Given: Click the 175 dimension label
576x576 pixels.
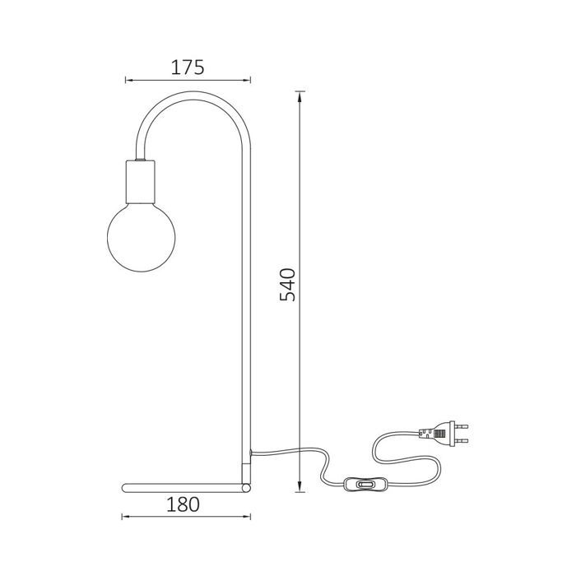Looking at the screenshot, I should (187, 67).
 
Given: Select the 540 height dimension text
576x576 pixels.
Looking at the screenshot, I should (287, 285).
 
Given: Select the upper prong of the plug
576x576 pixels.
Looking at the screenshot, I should (462, 425).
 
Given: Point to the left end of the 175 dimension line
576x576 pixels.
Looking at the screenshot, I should (126, 81).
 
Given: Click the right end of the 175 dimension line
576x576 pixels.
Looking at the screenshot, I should (249, 81).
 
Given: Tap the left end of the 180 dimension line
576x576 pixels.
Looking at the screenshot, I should (123, 517).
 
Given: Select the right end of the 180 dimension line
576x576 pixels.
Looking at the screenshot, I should (249, 517).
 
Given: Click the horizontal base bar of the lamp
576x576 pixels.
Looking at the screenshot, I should (181, 488).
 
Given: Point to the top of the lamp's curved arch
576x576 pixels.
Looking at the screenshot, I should (194, 96).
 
